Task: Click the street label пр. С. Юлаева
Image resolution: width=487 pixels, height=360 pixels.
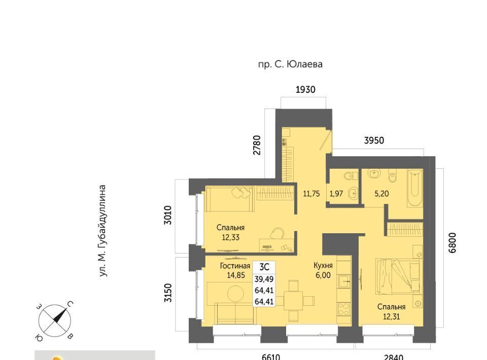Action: tap(290, 64)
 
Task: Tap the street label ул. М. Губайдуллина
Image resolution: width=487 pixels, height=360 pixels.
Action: tap(103, 231)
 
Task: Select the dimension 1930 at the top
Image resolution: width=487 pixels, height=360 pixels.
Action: tap(305, 90)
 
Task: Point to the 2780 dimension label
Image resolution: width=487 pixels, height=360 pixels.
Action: tap(257, 145)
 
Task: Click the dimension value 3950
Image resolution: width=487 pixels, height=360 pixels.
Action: tap(374, 140)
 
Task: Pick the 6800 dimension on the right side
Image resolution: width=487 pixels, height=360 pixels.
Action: tap(452, 243)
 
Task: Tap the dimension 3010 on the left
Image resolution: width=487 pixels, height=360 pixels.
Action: tap(168, 215)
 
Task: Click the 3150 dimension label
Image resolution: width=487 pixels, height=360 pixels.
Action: tap(168, 293)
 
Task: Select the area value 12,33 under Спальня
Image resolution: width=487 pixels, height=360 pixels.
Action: tap(230, 237)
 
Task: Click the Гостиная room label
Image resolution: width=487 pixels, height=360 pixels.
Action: tap(235, 266)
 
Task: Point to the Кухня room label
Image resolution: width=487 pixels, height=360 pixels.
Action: tap(323, 265)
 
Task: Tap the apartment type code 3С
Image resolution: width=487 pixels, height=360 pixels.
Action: tap(264, 267)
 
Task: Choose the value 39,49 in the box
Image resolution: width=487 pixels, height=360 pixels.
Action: tap(264, 279)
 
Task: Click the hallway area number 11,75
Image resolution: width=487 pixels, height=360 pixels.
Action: tap(311, 194)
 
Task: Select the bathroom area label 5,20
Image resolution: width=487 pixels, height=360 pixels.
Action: tap(381, 194)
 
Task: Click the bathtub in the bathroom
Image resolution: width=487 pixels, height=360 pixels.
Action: tap(414, 188)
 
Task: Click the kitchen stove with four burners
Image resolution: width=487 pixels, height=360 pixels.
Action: tap(343, 309)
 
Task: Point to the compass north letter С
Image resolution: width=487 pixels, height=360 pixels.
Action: tap(70, 304)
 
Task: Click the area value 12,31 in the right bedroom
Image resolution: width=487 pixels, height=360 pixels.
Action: tap(391, 317)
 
